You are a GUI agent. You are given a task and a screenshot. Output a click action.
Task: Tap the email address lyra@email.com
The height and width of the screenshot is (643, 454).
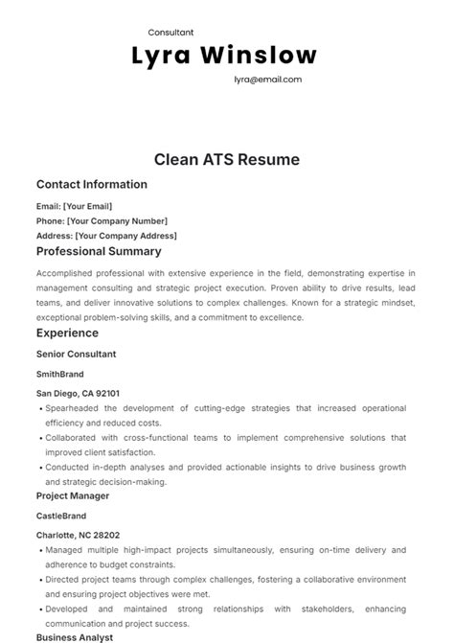pos(267,80)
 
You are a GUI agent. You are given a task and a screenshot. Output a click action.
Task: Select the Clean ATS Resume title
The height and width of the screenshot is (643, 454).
pos(226,159)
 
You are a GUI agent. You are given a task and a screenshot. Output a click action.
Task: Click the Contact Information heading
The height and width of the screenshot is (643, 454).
pos(92,184)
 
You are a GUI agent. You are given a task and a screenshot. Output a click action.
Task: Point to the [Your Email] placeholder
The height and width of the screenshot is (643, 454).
pos(87,206)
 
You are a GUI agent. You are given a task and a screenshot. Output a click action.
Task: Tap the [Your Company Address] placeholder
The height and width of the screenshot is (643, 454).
pos(125,236)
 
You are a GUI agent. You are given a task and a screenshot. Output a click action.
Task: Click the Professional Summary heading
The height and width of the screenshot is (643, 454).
pos(99,252)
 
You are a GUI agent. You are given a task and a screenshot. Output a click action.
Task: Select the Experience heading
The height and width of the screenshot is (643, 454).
pos(67,333)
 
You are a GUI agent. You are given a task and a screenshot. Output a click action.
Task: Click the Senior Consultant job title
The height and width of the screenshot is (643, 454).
pos(76,354)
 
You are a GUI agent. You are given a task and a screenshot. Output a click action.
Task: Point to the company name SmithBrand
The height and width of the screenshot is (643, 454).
pos(60,374)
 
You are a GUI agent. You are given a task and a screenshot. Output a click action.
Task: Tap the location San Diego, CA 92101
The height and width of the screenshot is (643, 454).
pos(78,393)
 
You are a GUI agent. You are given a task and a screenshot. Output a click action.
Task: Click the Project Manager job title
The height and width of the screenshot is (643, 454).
pos(73,495)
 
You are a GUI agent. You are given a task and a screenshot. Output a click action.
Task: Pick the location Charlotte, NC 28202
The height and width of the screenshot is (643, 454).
pos(78,535)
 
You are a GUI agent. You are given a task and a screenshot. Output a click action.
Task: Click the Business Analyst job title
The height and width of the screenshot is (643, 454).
pos(75,636)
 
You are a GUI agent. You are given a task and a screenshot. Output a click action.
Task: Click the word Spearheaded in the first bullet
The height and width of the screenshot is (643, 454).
pos(75,407)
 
